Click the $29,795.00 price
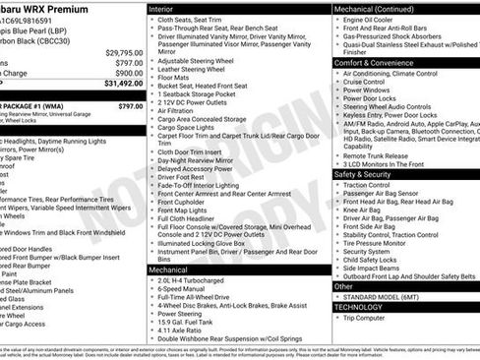coord(124,52)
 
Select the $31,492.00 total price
coord(123,84)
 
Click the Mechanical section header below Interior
coord(172,269)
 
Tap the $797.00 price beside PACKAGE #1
coord(130,105)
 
